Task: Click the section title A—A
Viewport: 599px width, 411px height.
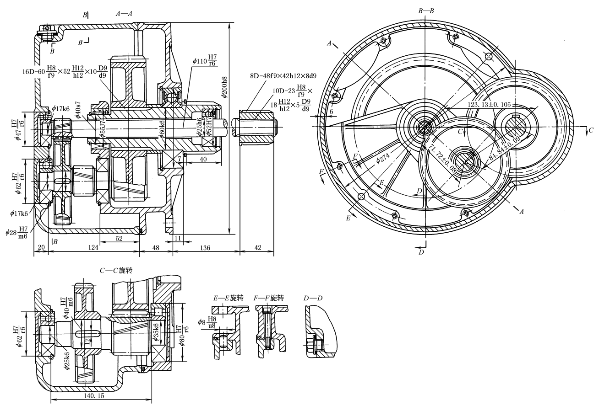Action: tap(124, 14)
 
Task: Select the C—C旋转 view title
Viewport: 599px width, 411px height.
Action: tap(116, 271)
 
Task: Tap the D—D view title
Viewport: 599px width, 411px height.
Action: tap(313, 298)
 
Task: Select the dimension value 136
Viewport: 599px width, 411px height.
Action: tap(205, 248)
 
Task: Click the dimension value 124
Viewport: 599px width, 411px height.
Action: tap(93, 248)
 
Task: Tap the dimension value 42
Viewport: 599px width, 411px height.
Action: tap(257, 248)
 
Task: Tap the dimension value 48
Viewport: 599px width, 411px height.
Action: tap(156, 248)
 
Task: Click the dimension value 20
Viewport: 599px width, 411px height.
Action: tap(41, 248)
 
